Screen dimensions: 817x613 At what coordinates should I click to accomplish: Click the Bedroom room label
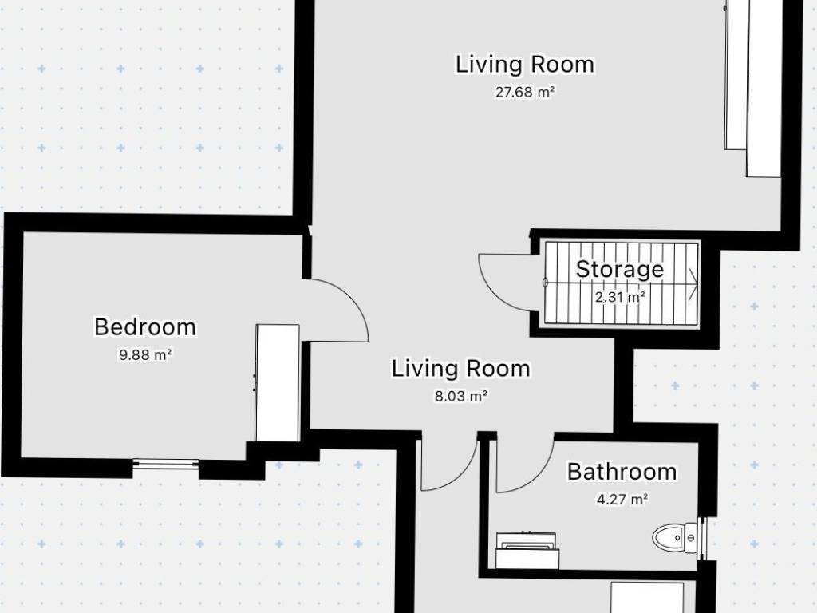(x=145, y=327)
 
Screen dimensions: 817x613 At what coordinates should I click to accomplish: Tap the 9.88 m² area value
(x=145, y=355)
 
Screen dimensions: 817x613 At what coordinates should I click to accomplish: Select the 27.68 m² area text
(x=525, y=93)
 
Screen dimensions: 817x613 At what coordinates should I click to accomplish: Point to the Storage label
(x=619, y=270)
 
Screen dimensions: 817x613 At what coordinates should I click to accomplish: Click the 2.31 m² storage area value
(x=620, y=297)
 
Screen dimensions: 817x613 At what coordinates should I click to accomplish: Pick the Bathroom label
(x=622, y=472)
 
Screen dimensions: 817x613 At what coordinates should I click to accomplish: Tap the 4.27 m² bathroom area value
(x=622, y=500)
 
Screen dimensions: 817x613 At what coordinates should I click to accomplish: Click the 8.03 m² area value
(x=461, y=396)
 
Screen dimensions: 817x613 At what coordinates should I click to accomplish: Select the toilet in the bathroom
(x=675, y=537)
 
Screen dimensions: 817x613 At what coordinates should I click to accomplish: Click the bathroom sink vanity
(x=527, y=551)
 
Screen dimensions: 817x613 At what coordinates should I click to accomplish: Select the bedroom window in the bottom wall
(x=166, y=465)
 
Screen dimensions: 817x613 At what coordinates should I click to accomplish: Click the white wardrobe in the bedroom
(x=277, y=383)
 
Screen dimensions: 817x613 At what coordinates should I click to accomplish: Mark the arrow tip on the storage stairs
(x=697, y=284)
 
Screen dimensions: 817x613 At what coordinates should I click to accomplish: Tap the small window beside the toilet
(x=702, y=537)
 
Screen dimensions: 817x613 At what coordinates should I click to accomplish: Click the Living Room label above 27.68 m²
(x=525, y=65)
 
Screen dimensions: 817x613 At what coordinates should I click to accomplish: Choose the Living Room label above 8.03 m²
(x=461, y=369)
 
